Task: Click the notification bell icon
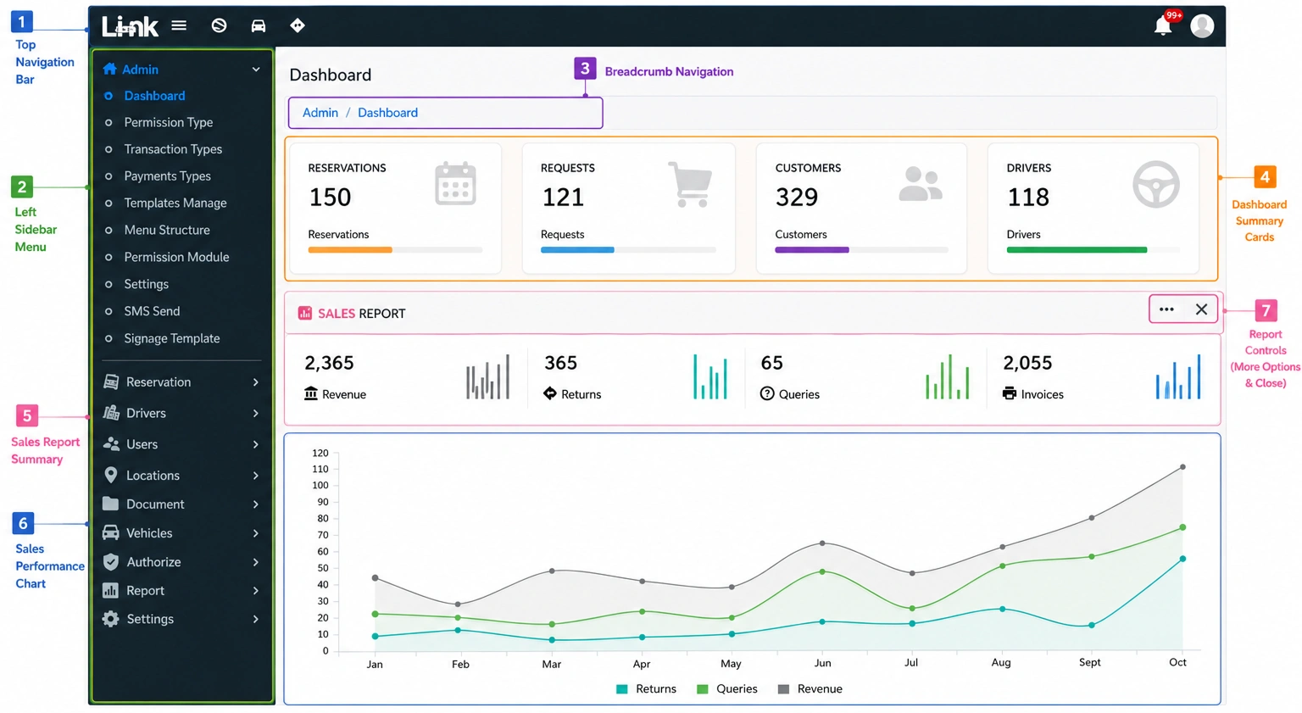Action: tap(1162, 26)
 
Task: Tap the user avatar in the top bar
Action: tap(1202, 25)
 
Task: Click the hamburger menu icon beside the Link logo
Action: tap(179, 25)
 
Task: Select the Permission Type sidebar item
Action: tap(169, 122)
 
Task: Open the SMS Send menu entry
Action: tap(152, 311)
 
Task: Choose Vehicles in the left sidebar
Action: tap(149, 532)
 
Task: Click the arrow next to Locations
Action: tap(256, 475)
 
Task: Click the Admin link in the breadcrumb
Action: tap(320, 112)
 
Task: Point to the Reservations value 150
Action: tap(330, 198)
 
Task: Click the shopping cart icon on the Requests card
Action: tap(691, 184)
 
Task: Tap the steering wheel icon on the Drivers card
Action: tap(1155, 184)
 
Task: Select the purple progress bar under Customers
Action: tap(811, 250)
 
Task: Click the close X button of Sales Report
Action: tap(1201, 309)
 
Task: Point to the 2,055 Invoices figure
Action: tap(1027, 363)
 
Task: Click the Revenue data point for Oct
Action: tap(1182, 467)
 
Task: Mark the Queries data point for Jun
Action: tap(822, 571)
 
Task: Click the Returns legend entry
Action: tap(647, 688)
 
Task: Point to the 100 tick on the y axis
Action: tap(320, 485)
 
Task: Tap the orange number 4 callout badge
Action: tap(1265, 177)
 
